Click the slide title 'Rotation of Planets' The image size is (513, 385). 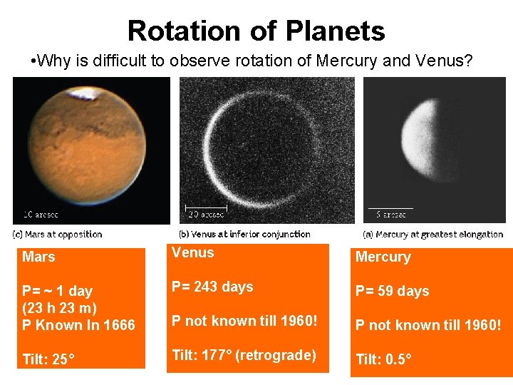click(256, 31)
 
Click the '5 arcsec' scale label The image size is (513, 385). click(392, 214)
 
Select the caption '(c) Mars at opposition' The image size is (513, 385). click(58, 234)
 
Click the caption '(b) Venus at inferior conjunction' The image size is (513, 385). click(244, 234)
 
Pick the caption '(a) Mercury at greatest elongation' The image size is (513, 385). click(432, 234)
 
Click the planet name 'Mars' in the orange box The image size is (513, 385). click(38, 257)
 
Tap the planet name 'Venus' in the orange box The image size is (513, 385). click(192, 252)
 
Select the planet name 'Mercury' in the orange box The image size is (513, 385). click(383, 257)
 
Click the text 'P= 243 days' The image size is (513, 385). click(212, 287)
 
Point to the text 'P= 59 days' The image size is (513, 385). click(393, 291)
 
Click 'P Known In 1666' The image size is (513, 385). click(78, 325)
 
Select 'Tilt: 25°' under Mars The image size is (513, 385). click(46, 360)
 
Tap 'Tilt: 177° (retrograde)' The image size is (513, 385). click(244, 355)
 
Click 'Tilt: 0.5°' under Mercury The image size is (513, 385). click(383, 360)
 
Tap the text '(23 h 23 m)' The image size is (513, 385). click(59, 308)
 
